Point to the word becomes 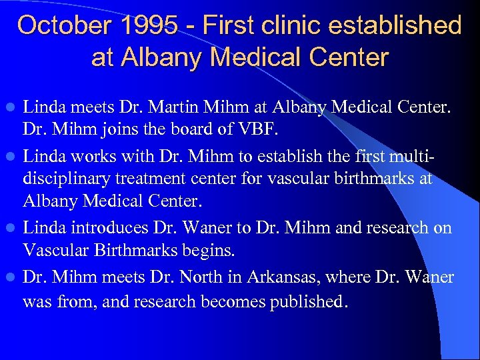(236, 301)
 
